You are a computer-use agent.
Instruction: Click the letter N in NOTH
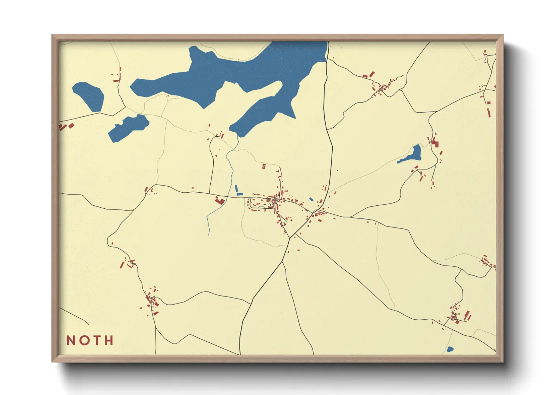70,340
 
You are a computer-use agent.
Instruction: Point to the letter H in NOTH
109,340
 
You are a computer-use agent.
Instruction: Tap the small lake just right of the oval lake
128,127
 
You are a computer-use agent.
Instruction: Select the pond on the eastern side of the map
412,155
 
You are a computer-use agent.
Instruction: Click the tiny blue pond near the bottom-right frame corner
450,349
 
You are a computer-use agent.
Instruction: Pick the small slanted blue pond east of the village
311,199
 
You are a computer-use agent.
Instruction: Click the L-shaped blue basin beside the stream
238,192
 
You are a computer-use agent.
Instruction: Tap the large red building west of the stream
220,201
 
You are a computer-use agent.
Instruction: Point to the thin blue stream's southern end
209,234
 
